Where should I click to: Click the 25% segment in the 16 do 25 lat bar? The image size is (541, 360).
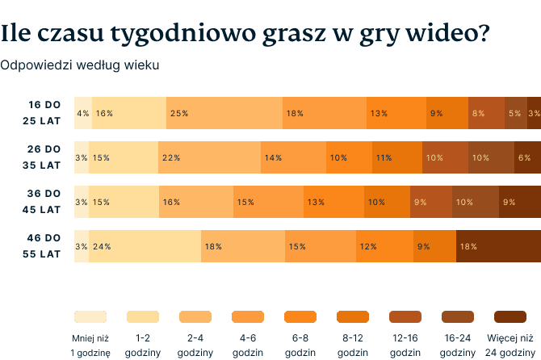[x=224, y=113]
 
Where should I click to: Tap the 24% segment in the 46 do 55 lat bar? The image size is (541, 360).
[x=145, y=246]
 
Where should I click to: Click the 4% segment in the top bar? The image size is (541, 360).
[x=82, y=113]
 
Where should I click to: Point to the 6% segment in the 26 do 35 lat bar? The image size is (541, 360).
[x=527, y=157]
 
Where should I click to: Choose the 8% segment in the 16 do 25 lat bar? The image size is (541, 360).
[x=487, y=113]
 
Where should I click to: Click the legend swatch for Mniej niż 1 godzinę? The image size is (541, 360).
[x=90, y=316]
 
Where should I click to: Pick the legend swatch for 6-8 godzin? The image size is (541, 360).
[x=300, y=316]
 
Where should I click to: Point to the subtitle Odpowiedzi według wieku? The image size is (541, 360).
[x=79, y=64]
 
